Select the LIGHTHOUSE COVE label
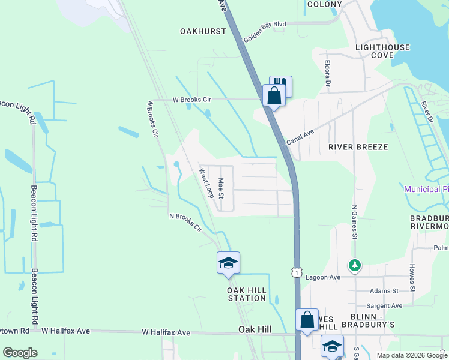tap(382, 51)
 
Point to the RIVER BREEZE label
tap(358, 146)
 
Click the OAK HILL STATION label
tap(247, 294)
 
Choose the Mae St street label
tap(221, 188)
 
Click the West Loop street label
tap(207, 183)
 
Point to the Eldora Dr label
tap(328, 72)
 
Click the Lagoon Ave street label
tap(323, 277)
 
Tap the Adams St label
tap(385, 291)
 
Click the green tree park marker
tap(355, 265)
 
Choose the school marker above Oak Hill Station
tap(228, 263)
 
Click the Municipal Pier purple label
tap(426, 189)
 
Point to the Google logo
tap(20, 353)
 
